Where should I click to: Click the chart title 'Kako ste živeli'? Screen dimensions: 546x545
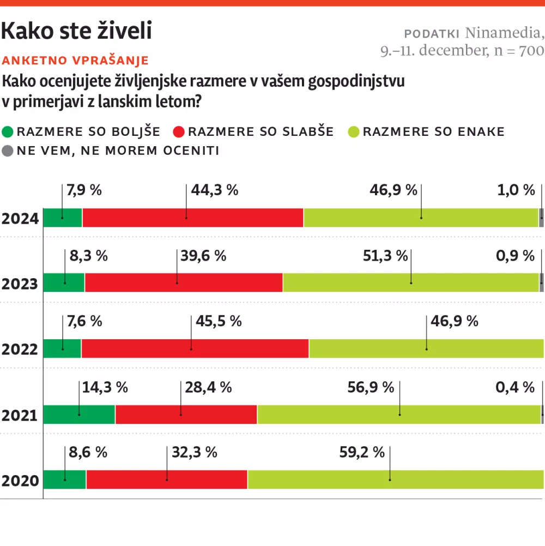tap(76, 32)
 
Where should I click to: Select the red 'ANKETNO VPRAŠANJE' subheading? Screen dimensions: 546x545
tap(76, 61)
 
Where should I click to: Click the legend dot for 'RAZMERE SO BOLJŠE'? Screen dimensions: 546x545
tap(9, 132)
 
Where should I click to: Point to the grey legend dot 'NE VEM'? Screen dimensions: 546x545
tap(9, 151)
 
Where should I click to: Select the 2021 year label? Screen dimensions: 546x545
tap(20, 416)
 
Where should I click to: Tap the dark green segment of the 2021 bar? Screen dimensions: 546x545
tap(79, 415)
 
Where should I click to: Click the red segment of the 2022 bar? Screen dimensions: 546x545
tap(195, 349)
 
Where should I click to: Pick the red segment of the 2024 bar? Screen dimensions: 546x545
tap(192, 218)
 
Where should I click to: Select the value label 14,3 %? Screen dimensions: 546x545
tap(105, 387)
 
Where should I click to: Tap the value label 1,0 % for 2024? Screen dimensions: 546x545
tap(516, 190)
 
